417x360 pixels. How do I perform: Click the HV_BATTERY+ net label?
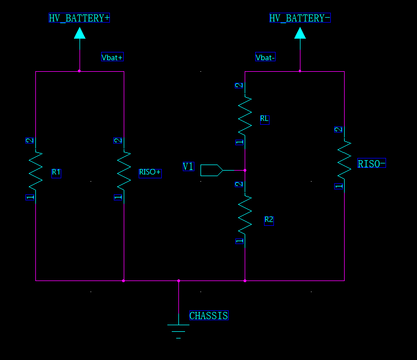click(79, 18)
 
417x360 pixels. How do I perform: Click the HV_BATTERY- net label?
click(300, 18)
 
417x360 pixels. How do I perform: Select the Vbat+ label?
click(112, 57)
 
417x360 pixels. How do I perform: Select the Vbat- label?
click(266, 57)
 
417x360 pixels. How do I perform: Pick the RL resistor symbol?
click(245, 115)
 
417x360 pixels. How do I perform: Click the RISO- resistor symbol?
click(344, 159)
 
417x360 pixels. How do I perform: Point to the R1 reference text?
click(56, 172)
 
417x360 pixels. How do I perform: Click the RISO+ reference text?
click(150, 172)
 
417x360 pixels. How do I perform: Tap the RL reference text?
click(265, 119)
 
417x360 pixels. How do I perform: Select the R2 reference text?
click(269, 220)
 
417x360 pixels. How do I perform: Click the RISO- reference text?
click(372, 163)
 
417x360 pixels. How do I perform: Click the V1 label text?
click(188, 166)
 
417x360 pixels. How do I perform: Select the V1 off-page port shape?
click(211, 170)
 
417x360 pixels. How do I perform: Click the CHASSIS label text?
click(208, 316)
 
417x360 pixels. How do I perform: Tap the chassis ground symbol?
click(178, 330)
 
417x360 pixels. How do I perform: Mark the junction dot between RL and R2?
click(245, 170)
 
